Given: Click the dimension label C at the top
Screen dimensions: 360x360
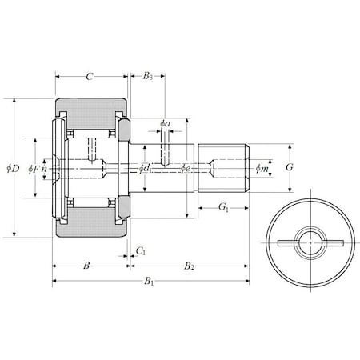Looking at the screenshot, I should pyautogui.click(x=90, y=78).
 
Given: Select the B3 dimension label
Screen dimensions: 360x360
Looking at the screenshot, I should pyautogui.click(x=147, y=78).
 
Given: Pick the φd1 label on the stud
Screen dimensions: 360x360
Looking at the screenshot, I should pyautogui.click(x=144, y=168).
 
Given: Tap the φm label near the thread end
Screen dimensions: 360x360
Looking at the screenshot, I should pyautogui.click(x=261, y=168).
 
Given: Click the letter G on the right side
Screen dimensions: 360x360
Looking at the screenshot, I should pyautogui.click(x=290, y=168).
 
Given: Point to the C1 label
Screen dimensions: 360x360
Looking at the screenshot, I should pyautogui.click(x=141, y=250).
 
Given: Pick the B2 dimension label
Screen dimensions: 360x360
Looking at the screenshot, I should pyautogui.click(x=189, y=265).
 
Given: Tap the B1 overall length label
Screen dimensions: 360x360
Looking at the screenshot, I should pyautogui.click(x=149, y=282).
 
